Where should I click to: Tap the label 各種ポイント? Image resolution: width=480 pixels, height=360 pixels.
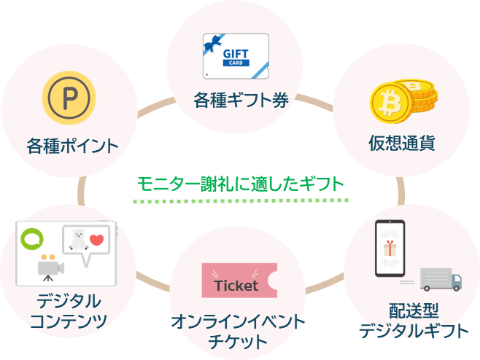pyautogui.click(x=71, y=145)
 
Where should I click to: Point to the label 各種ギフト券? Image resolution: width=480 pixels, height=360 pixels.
pyautogui.click(x=241, y=99)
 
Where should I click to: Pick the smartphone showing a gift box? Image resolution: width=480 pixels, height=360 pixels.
pyautogui.click(x=390, y=249)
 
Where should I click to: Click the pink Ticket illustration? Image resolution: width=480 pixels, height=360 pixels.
pyautogui.click(x=239, y=280)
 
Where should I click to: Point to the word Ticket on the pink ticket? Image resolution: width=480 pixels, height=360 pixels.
pyautogui.click(x=236, y=285)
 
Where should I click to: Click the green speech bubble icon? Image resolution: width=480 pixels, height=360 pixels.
pyautogui.click(x=31, y=237)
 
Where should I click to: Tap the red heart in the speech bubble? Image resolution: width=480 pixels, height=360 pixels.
pyautogui.click(x=96, y=240)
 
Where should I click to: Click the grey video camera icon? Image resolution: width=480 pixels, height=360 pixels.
pyautogui.click(x=50, y=267)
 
